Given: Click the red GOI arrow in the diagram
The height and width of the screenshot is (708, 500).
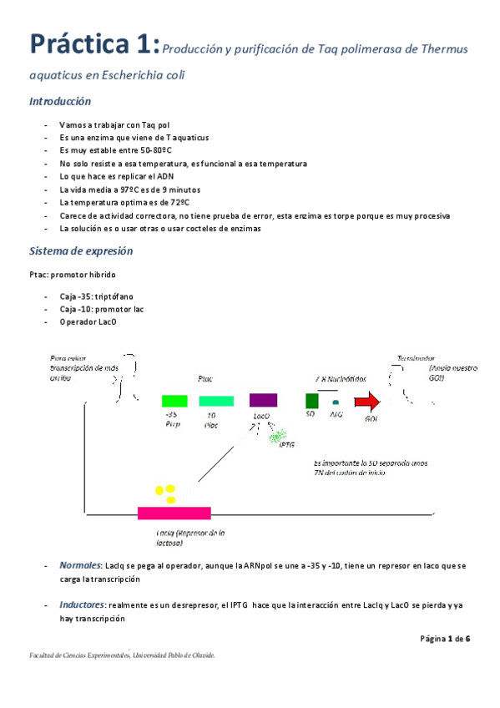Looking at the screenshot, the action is click(x=366, y=401).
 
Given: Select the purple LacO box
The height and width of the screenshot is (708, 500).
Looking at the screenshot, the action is click(x=263, y=401).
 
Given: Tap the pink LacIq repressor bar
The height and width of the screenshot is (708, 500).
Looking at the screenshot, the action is click(x=174, y=513).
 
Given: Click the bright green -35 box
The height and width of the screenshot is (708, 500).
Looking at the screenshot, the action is click(x=174, y=401).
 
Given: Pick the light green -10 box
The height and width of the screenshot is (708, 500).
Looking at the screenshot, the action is click(x=216, y=401).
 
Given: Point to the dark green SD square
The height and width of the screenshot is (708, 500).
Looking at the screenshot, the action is click(x=312, y=400).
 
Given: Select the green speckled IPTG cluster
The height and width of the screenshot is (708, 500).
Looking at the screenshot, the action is click(x=278, y=434).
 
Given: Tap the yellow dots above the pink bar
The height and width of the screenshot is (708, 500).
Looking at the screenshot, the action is click(x=165, y=493).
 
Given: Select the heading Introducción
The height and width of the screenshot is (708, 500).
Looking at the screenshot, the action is click(x=60, y=102).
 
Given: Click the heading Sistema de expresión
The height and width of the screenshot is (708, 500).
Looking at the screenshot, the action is click(x=80, y=251).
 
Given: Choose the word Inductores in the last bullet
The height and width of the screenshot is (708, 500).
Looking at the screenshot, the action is click(x=82, y=604).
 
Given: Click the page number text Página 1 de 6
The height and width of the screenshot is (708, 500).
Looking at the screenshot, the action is click(x=446, y=639).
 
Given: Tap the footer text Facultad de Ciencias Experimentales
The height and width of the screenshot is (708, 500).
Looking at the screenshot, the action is click(x=77, y=655).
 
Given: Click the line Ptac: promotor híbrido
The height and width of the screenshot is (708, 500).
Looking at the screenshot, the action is click(x=73, y=274).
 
